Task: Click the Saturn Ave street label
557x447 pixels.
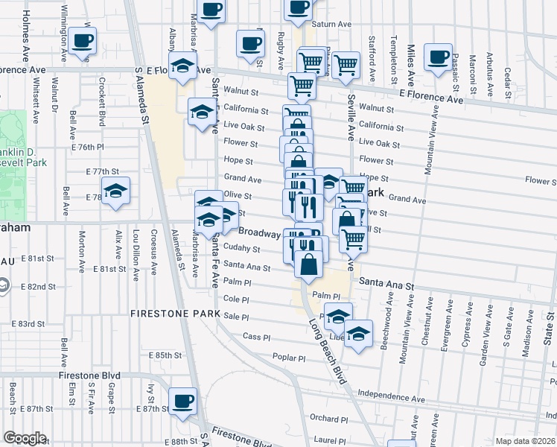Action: tap(331, 24)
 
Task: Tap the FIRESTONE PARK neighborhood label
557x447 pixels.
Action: tap(174, 313)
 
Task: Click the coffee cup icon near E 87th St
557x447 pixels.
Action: tap(182, 401)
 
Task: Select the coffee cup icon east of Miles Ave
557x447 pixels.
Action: tap(437, 57)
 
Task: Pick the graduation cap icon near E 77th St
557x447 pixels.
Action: tap(115, 191)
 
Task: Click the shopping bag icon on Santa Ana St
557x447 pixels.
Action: tap(309, 264)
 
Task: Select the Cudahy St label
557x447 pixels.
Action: tap(242, 249)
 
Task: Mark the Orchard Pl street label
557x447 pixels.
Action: tap(325, 418)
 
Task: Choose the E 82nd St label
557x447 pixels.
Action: tap(39, 286)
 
